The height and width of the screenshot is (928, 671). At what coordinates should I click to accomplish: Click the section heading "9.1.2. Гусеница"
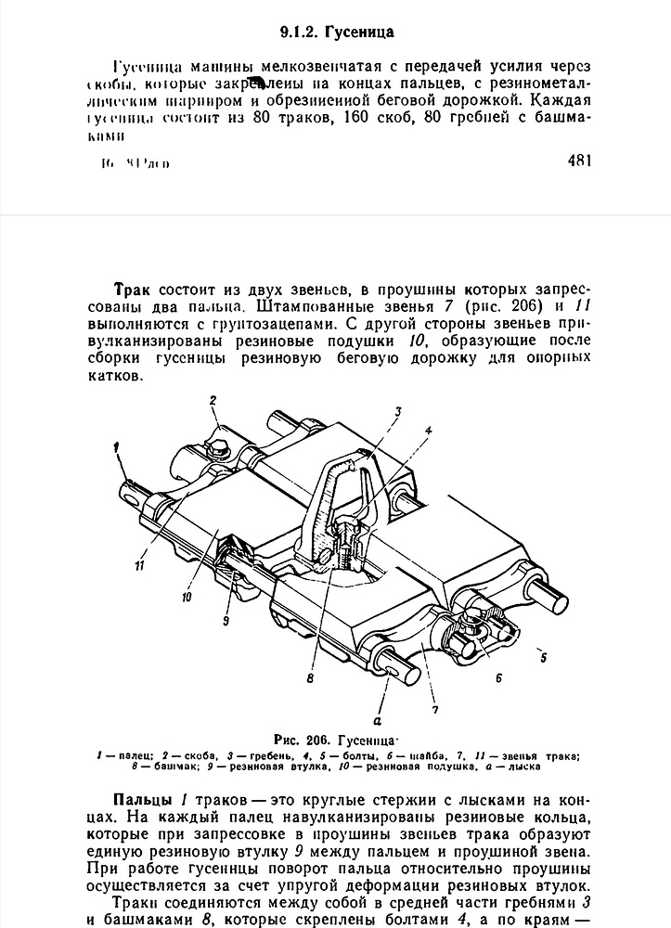[x=337, y=32]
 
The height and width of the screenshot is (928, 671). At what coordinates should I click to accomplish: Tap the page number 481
[x=576, y=160]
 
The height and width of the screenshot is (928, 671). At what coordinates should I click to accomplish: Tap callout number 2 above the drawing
[x=213, y=400]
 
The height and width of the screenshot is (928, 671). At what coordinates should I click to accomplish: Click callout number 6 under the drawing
[x=497, y=678]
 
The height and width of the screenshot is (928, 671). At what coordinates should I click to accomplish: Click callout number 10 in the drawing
[x=186, y=598]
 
